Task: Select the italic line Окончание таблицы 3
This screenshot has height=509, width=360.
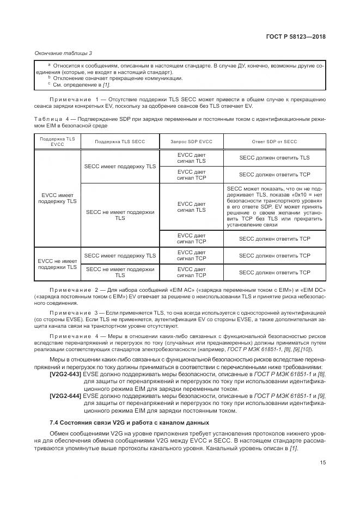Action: pyautogui.click(x=63, y=53)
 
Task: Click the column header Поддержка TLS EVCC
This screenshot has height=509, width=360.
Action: pyautogui.click(x=58, y=142)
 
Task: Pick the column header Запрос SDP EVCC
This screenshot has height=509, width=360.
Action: pyautogui.click(x=192, y=142)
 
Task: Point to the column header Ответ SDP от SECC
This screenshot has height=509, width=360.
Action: pyautogui.click(x=274, y=142)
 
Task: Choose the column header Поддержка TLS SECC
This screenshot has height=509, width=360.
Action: pyautogui.click(x=120, y=142)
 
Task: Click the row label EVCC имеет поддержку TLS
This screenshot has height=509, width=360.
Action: pyautogui.click(x=58, y=198)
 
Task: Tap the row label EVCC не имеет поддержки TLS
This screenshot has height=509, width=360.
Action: pyautogui.click(x=58, y=264)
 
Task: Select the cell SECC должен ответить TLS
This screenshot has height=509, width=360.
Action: pyautogui.click(x=274, y=158)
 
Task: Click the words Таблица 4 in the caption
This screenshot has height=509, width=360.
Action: pyautogui.click(x=53, y=119)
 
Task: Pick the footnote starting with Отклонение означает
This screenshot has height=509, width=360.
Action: pyautogui.click(x=117, y=78)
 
